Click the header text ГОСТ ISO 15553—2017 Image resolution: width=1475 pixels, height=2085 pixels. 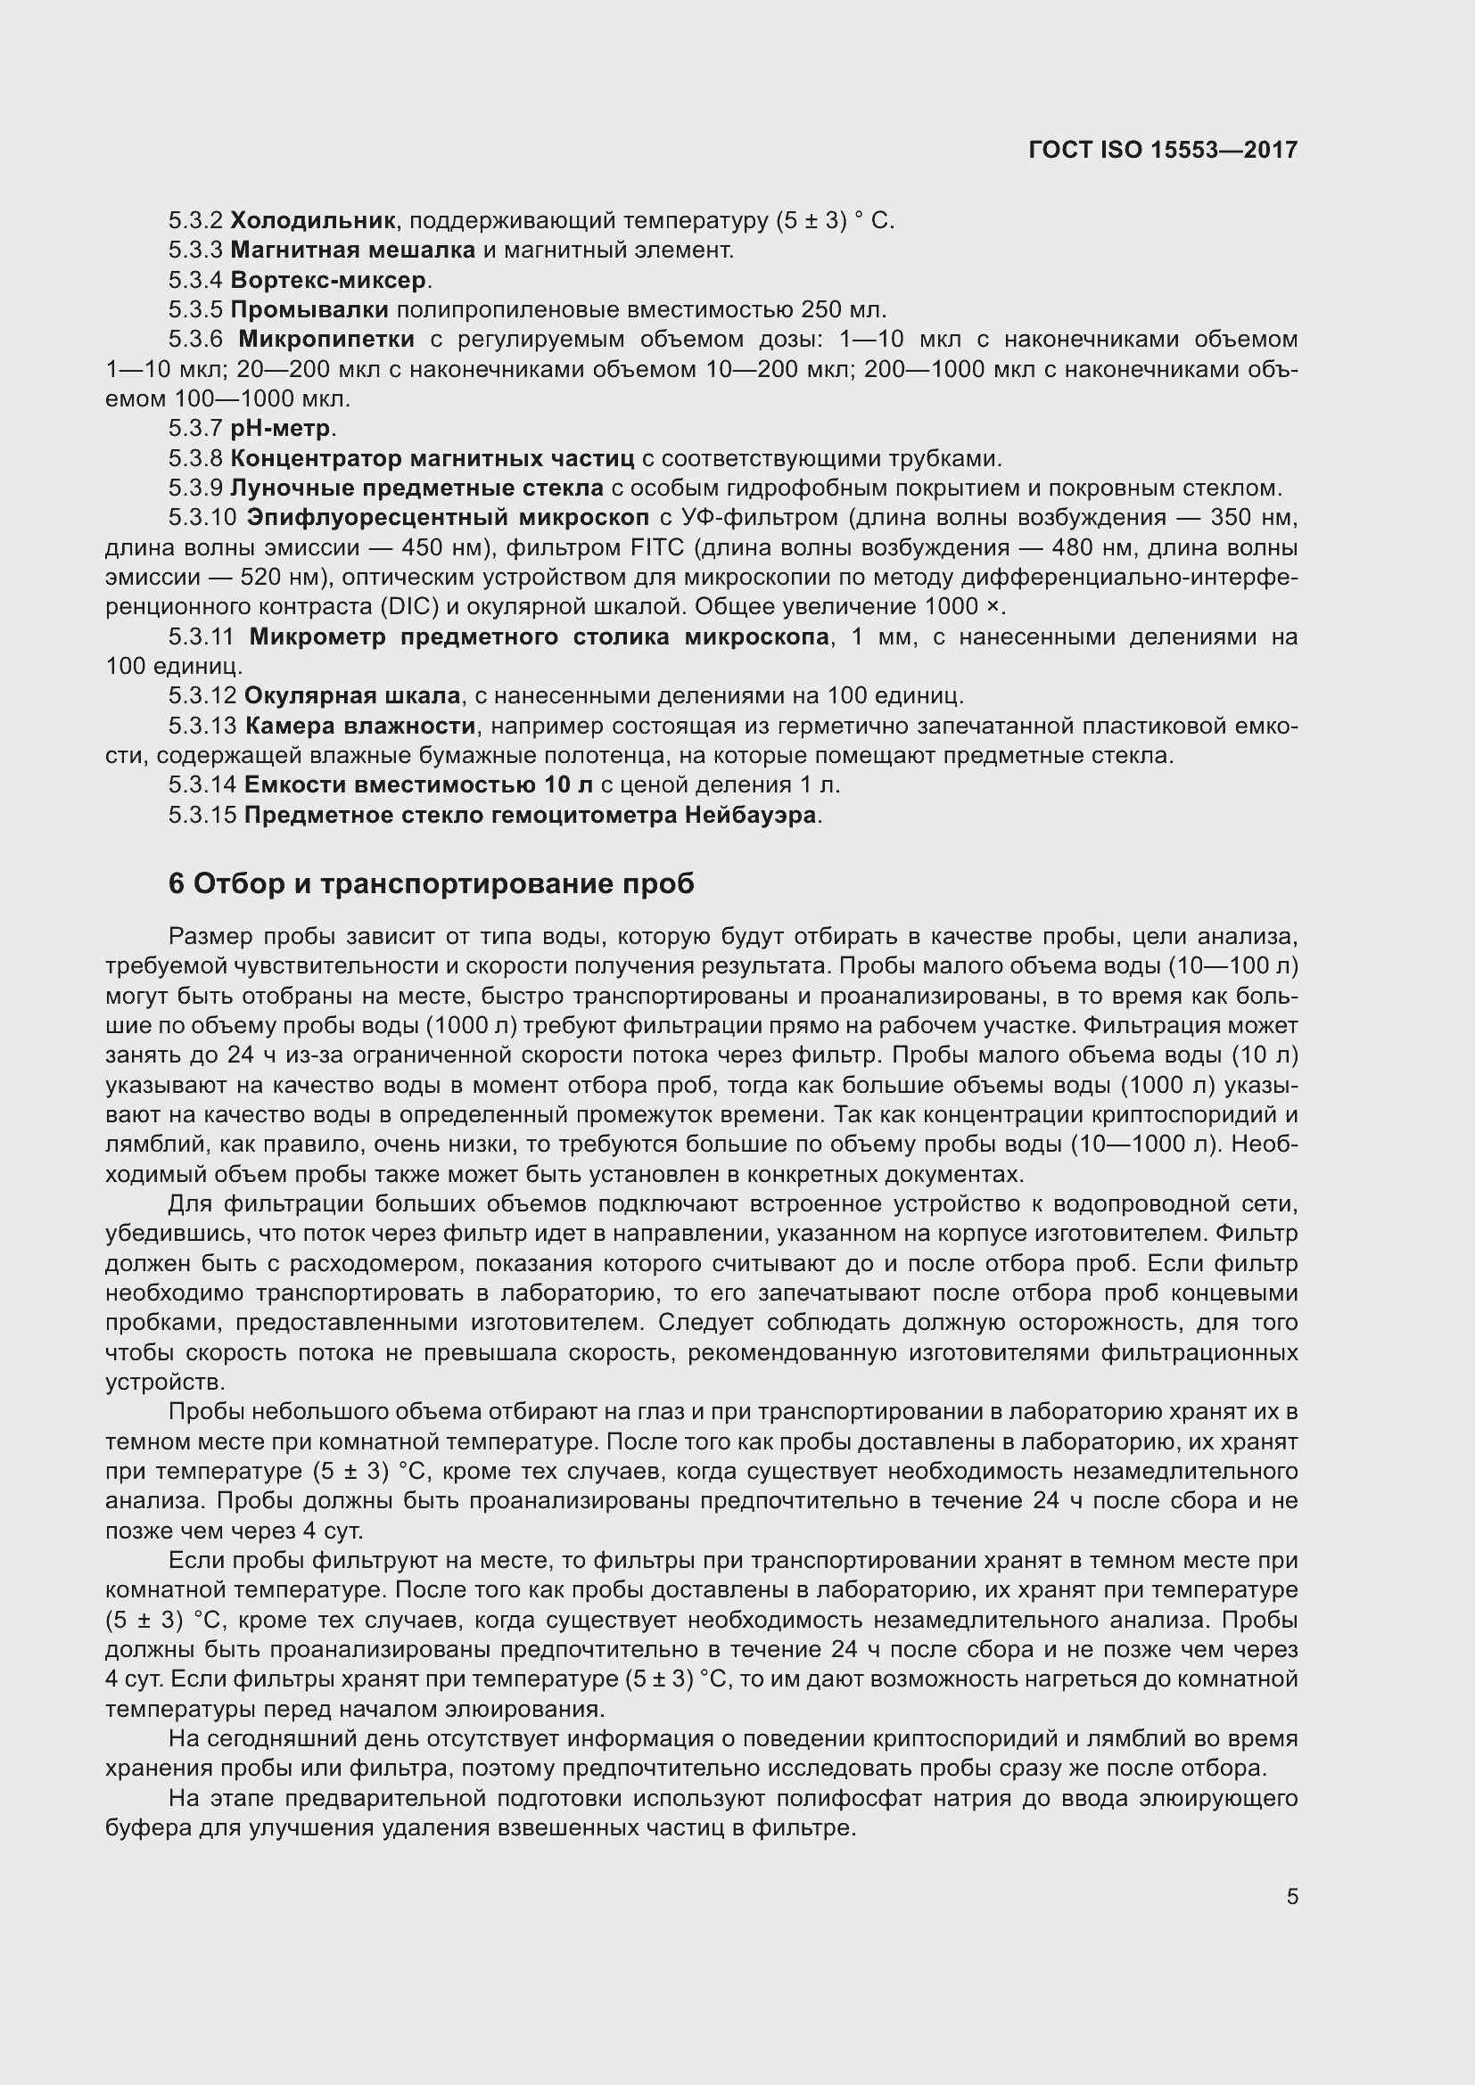tap(1163, 150)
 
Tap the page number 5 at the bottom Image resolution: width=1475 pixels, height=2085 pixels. tap(1291, 1896)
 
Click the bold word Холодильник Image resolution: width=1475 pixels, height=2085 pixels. tap(312, 220)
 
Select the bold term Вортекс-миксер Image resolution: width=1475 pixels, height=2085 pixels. tap(328, 280)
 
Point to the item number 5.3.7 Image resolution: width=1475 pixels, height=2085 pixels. tap(195, 428)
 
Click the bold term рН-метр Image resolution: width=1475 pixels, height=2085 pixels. tap(282, 428)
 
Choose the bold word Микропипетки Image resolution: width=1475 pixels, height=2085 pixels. tap(326, 340)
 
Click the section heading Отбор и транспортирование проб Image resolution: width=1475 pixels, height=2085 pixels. tap(443, 883)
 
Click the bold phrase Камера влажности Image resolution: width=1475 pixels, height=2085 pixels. tap(359, 726)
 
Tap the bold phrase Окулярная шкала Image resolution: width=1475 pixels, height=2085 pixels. tap(352, 695)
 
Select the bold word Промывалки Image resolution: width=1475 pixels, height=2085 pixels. tap(309, 309)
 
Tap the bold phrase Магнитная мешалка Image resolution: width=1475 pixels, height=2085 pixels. tap(352, 250)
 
